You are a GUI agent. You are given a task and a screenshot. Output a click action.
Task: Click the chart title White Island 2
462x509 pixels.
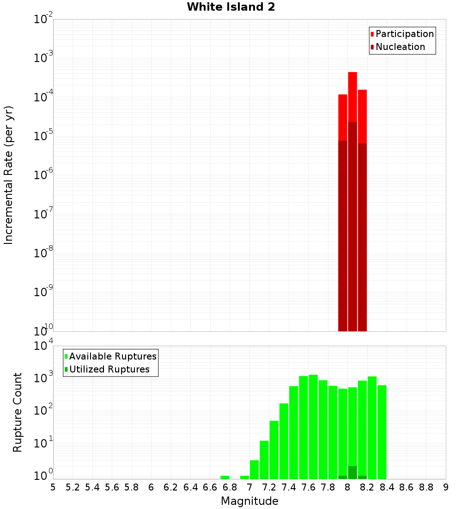click(231, 7)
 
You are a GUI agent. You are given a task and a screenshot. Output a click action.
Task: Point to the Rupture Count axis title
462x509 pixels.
click(18, 412)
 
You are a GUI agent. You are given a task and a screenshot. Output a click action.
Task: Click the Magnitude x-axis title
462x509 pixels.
click(249, 501)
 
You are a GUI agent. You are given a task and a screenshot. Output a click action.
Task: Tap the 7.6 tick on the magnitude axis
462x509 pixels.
click(309, 487)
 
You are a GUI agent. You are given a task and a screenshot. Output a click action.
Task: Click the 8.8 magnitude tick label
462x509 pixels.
click(426, 487)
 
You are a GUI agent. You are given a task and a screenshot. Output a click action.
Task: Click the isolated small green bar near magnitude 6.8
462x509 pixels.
click(225, 477)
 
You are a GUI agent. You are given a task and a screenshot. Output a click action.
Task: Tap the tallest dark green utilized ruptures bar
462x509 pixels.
click(353, 472)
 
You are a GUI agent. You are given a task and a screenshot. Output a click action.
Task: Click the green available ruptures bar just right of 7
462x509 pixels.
click(254, 469)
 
